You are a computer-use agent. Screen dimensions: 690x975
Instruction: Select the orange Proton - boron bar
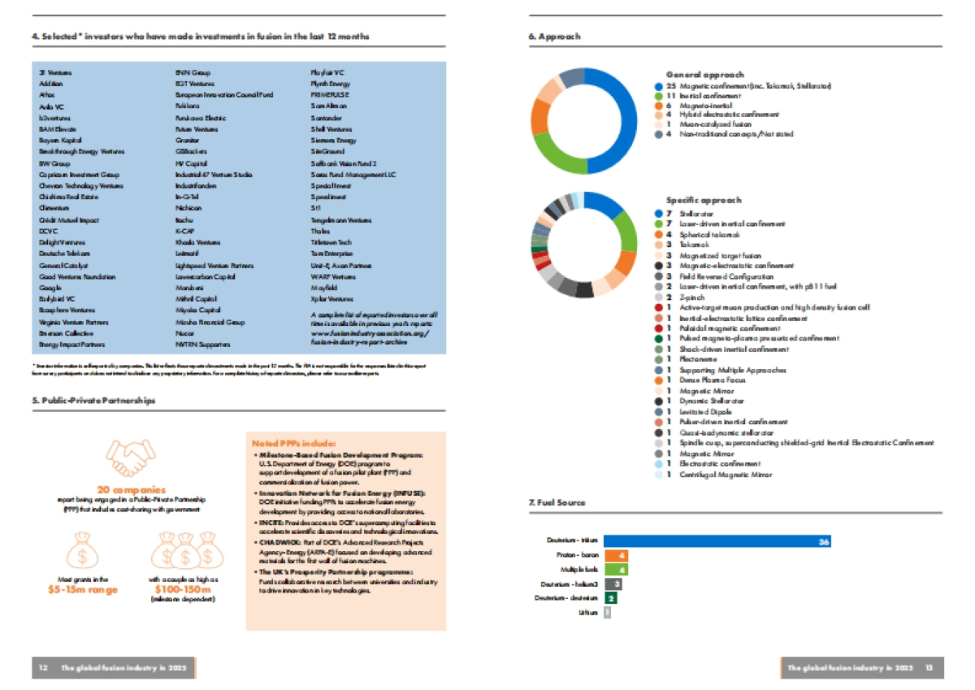coord(615,555)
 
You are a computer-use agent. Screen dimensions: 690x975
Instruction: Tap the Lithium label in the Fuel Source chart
coord(590,612)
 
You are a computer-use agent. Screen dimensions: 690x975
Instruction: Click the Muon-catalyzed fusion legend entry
coord(706,124)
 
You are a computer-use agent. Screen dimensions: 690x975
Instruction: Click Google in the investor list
coord(50,288)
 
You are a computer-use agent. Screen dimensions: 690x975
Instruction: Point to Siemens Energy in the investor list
coord(333,141)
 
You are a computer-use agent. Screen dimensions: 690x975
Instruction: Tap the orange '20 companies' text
coord(132,490)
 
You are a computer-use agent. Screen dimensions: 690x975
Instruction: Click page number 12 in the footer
coord(42,667)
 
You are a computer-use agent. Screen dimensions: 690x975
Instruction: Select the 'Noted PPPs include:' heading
coord(293,443)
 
